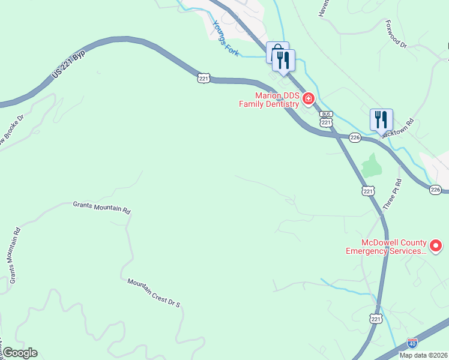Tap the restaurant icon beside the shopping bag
(283, 59)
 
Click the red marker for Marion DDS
(309, 98)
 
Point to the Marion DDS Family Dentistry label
(268, 100)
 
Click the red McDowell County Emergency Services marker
(436, 245)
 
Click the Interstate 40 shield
(412, 343)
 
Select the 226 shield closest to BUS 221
(355, 138)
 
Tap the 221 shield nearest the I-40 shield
(376, 318)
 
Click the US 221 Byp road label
(68, 62)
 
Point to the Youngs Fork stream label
(226, 39)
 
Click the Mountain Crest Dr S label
(154, 292)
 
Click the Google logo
(20, 353)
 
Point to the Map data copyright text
(423, 355)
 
